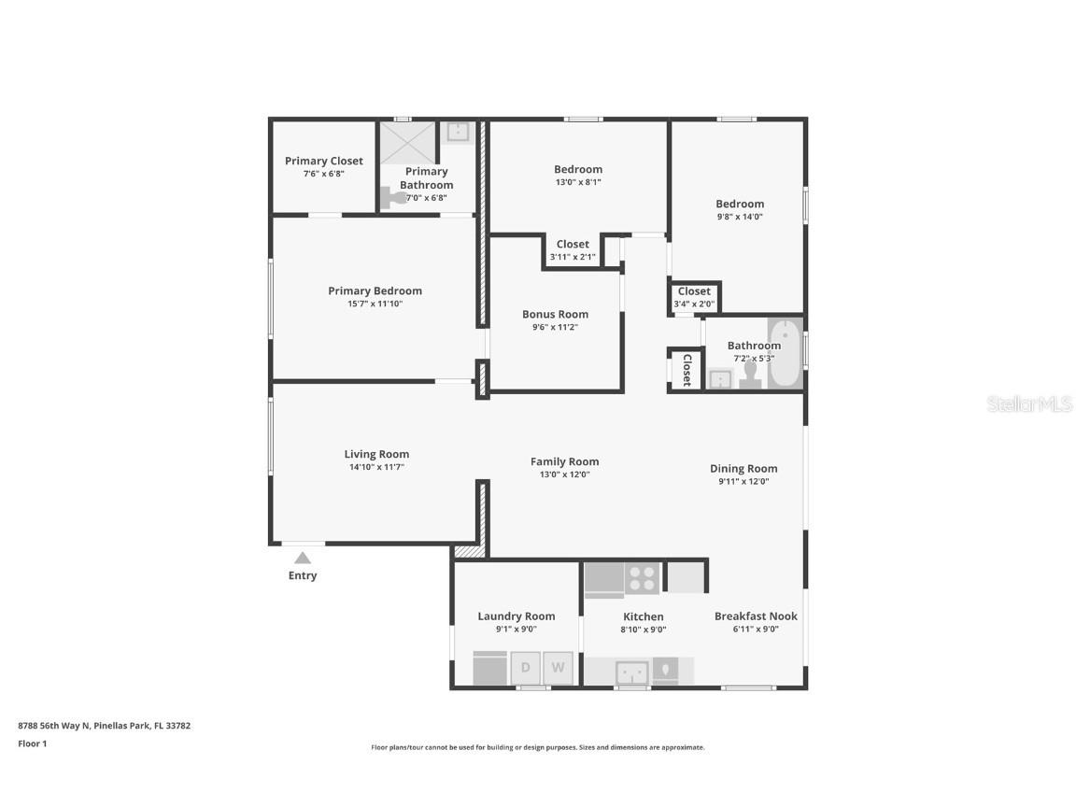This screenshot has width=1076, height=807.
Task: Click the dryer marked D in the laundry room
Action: coord(525,668)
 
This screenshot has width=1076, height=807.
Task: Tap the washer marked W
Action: coord(558,668)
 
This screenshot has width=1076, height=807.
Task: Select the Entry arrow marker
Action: coord(303,558)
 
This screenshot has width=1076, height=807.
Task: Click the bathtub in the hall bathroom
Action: coord(786,354)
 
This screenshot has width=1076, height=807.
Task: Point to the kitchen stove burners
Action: coord(642,578)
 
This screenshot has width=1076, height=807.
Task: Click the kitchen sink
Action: coord(632,672)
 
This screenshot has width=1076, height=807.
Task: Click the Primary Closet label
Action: coord(324,161)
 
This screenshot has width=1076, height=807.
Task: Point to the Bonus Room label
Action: coord(555,315)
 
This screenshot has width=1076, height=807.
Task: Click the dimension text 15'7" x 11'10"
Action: coord(375,304)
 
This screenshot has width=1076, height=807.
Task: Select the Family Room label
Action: coord(564,461)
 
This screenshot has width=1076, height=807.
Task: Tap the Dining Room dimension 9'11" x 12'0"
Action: coord(743,482)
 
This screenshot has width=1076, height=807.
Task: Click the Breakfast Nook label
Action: coord(756,616)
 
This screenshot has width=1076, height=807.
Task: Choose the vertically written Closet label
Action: coord(686,370)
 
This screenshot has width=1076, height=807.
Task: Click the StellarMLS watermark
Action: coord(1030,403)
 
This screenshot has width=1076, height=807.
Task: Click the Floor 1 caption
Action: coord(33,744)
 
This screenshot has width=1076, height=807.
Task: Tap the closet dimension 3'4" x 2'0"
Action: coord(694,304)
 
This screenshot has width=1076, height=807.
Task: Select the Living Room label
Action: coord(376,455)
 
